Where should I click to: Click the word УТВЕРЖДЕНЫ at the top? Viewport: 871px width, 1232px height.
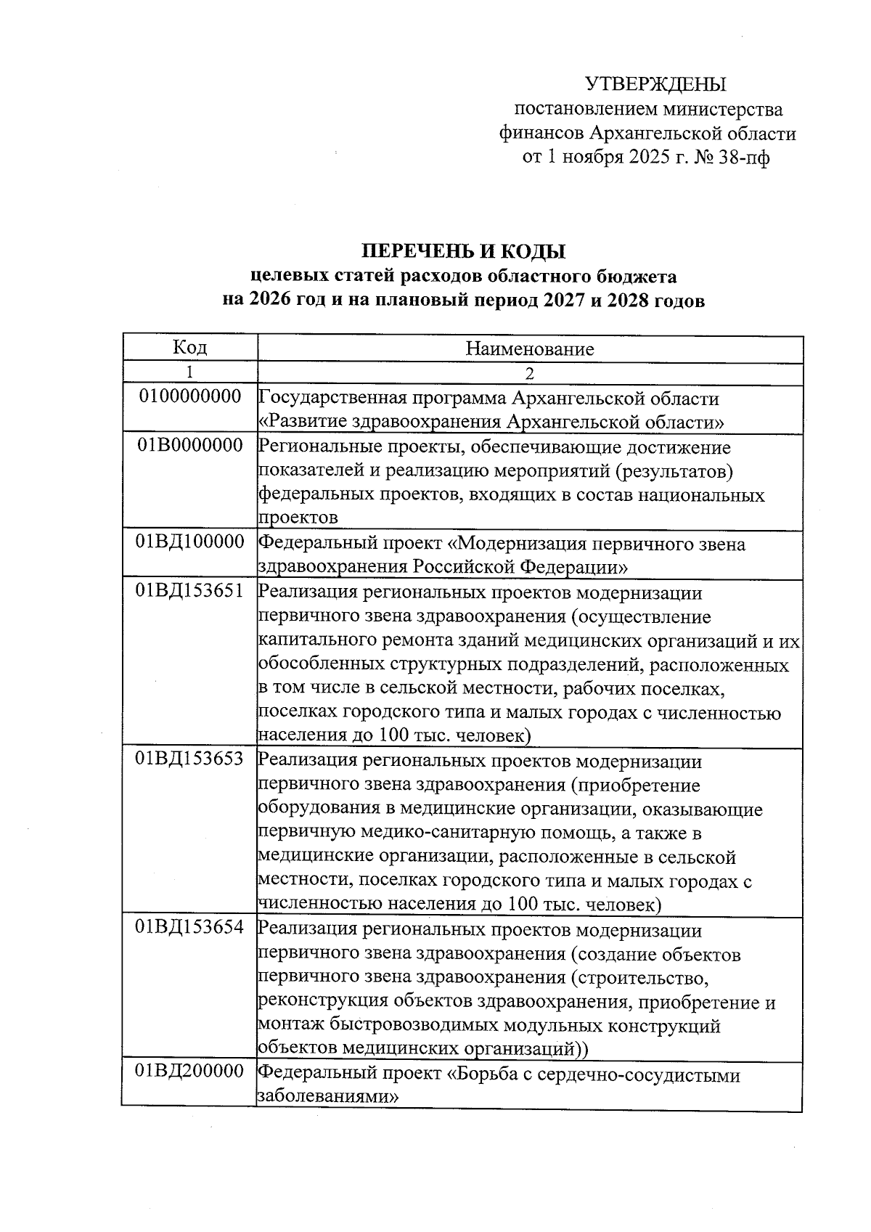(x=655, y=85)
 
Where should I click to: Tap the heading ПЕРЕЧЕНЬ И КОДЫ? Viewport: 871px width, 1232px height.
(x=464, y=252)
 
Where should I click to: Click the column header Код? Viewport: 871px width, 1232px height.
(x=189, y=348)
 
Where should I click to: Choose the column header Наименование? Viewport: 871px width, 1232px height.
(x=530, y=349)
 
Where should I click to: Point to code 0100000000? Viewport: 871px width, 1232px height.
(x=190, y=397)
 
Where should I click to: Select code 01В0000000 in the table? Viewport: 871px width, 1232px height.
(x=190, y=446)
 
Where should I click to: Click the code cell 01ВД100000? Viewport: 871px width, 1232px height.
(x=190, y=542)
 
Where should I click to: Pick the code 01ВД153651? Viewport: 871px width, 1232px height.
(x=190, y=591)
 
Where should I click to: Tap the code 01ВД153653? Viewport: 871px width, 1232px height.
(x=190, y=759)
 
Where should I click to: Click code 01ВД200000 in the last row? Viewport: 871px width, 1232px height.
(x=190, y=1072)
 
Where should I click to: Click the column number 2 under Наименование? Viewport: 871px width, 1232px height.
(x=530, y=374)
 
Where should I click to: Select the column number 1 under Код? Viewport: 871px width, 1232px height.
(x=189, y=373)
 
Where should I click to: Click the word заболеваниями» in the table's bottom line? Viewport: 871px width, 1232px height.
(x=328, y=1097)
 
